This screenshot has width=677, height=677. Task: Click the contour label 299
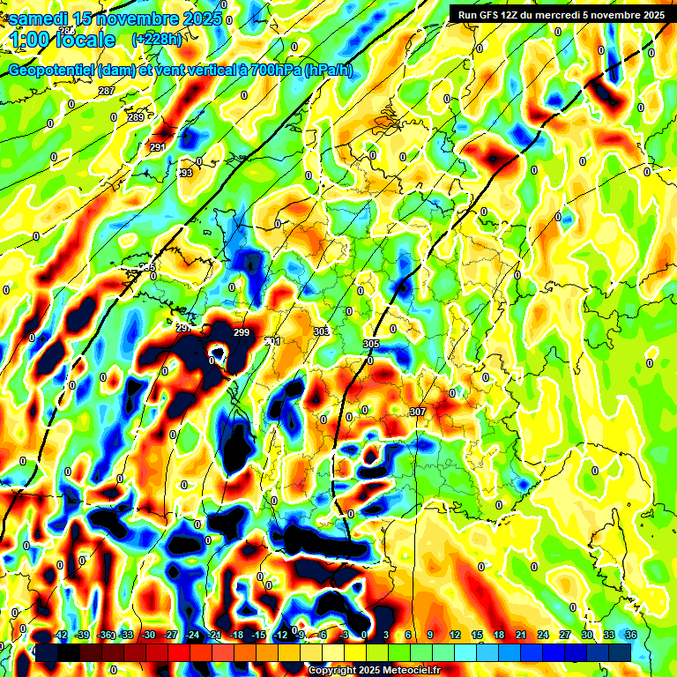click(242, 332)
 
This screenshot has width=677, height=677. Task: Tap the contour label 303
click(321, 331)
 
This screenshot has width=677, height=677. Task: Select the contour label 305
click(371, 344)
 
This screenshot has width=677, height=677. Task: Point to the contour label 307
click(418, 412)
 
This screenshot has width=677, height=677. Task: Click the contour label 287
click(106, 92)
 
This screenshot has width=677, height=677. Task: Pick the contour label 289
click(136, 117)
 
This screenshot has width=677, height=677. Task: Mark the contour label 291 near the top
click(158, 146)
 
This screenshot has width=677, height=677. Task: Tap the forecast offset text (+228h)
click(157, 39)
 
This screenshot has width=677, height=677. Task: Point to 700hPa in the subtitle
click(269, 71)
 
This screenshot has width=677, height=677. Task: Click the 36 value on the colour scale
click(630, 635)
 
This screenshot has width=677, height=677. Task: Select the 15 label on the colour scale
click(477, 635)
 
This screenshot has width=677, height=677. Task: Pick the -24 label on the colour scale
click(190, 635)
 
